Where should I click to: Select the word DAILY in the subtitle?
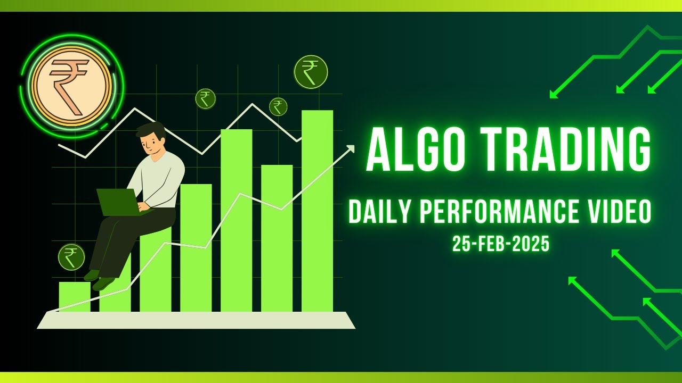pos(380,212)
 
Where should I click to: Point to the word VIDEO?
pos(619,212)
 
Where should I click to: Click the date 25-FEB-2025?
pos(501,244)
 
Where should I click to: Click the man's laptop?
pos(118,202)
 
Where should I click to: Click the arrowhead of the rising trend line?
pos(350,148)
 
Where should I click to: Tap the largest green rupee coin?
pos(311,72)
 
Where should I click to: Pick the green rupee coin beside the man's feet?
pos(71,257)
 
